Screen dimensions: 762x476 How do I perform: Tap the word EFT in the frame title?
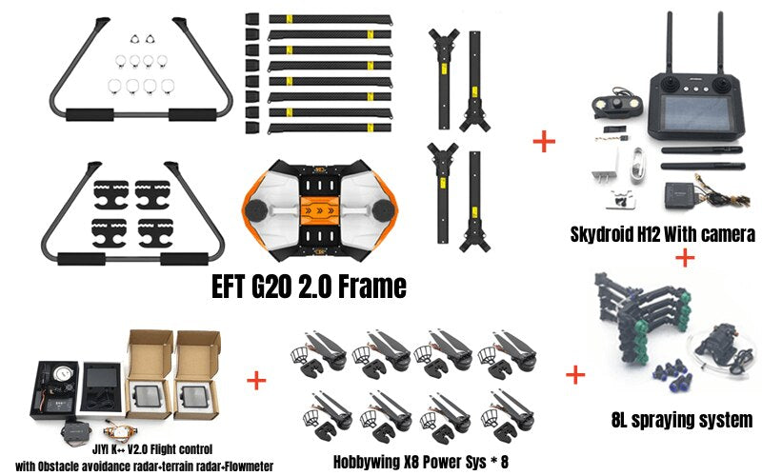[x=229, y=287]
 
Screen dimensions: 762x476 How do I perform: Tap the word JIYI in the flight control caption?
[x=101, y=448]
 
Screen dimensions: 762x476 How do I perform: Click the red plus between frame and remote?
[x=544, y=142]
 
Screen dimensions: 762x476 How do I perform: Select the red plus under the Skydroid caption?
[x=685, y=257]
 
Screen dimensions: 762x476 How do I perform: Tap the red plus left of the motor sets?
[x=256, y=380]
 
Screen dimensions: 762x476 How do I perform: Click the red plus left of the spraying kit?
[x=575, y=375]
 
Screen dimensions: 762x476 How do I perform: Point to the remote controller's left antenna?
[x=670, y=43]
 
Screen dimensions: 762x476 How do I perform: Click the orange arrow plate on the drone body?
[x=320, y=211]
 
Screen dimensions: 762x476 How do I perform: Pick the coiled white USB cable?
[x=639, y=165]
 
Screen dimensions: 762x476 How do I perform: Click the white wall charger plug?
[x=606, y=169]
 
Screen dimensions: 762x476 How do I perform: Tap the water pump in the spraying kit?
[x=716, y=343]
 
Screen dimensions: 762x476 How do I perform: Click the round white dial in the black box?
[x=62, y=373]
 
